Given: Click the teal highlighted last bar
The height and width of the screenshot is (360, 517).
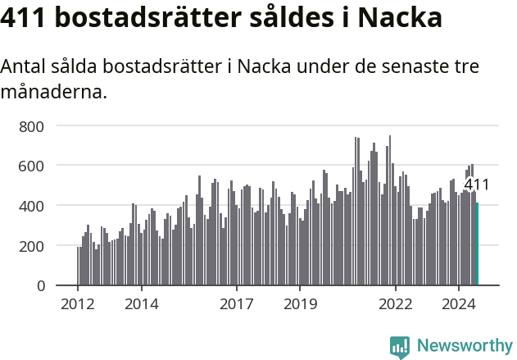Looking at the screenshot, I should pyautogui.click(x=477, y=244).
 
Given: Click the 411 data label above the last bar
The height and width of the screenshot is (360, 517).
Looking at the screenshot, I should pyautogui.click(x=476, y=185).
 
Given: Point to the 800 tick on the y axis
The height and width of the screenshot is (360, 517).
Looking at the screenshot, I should pyautogui.click(x=32, y=126).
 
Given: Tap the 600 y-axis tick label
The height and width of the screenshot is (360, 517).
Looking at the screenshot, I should pyautogui.click(x=32, y=166).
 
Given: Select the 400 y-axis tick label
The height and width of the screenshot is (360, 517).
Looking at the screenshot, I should pyautogui.click(x=32, y=206).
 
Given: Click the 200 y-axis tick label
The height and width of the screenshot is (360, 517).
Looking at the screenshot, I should pyautogui.click(x=32, y=246).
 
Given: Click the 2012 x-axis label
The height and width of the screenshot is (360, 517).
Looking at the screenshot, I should pyautogui.click(x=78, y=305).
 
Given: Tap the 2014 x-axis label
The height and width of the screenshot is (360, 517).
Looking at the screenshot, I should pyautogui.click(x=142, y=305).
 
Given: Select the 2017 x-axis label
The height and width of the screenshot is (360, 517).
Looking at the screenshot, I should pyautogui.click(x=237, y=305).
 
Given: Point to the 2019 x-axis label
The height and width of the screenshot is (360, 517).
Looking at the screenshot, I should pyautogui.click(x=300, y=305).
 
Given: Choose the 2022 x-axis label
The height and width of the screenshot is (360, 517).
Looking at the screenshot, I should pyautogui.click(x=396, y=305).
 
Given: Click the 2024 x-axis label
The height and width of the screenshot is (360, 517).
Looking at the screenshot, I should pyautogui.click(x=459, y=305).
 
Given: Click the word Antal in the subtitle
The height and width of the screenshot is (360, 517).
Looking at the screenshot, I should pyautogui.click(x=25, y=67).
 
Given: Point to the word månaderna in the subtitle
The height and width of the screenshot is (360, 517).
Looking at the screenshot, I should pyautogui.click(x=54, y=92).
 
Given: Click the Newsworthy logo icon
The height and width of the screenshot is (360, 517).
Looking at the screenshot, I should pyautogui.click(x=400, y=346).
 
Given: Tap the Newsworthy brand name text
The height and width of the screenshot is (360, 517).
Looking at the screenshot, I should pyautogui.click(x=465, y=345).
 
